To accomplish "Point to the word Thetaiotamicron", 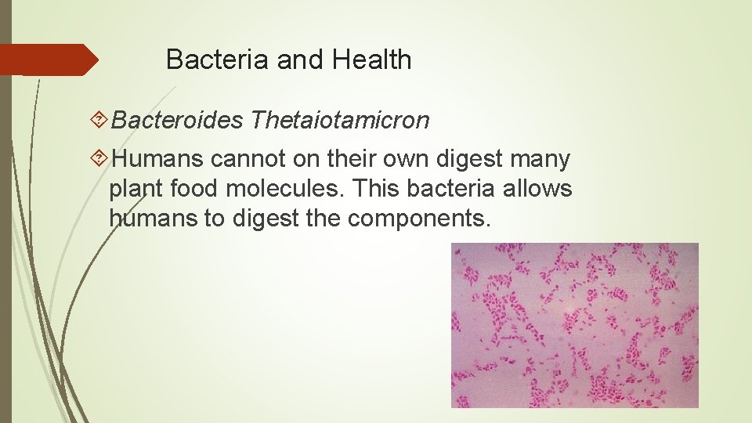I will click(x=341, y=120).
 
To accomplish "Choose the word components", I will click(x=419, y=218).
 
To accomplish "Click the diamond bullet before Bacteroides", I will click(x=99, y=120).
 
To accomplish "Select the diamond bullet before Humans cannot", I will click(x=99, y=159).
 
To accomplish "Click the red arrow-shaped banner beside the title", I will click(x=49, y=60).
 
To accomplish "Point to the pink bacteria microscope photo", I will click(x=574, y=325).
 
